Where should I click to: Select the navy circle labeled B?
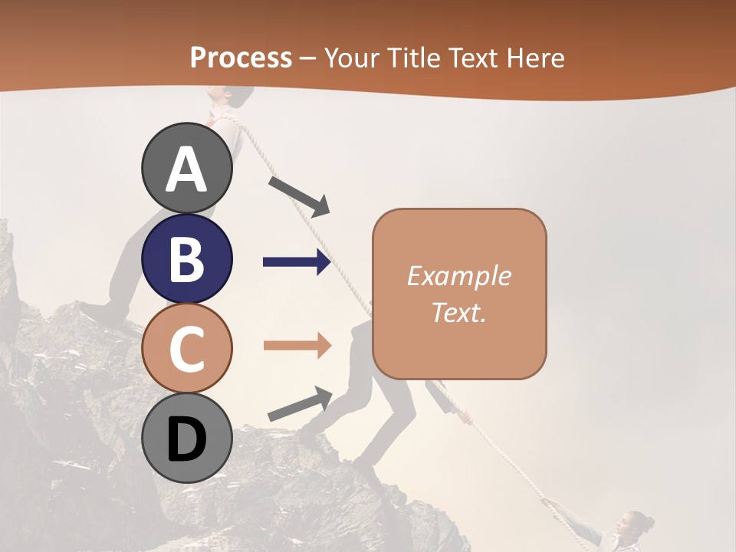(x=187, y=258)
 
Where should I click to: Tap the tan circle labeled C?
(x=187, y=349)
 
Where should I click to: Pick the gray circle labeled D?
(x=187, y=439)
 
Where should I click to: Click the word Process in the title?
(x=241, y=58)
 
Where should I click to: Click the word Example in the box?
(x=458, y=276)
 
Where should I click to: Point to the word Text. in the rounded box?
(x=458, y=312)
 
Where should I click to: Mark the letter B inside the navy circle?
(x=187, y=259)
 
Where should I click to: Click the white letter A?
(x=187, y=169)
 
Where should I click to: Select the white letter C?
(x=187, y=350)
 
